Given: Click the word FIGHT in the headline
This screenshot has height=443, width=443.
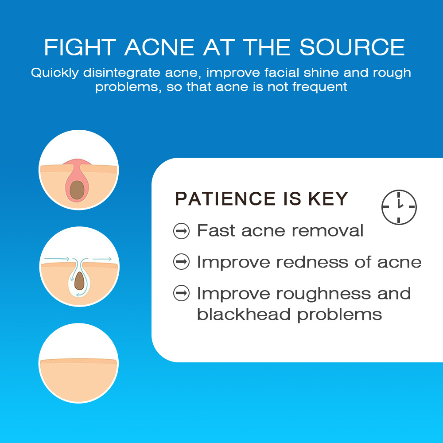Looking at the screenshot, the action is click(80, 47).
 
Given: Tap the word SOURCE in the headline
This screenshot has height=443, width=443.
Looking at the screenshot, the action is click(352, 47).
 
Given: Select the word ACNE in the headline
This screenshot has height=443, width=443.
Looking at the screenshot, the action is click(159, 47).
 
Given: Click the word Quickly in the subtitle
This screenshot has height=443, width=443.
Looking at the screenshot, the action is click(54, 73).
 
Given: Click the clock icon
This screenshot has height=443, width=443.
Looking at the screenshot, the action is click(399, 207).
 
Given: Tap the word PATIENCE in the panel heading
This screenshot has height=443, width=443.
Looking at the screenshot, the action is click(225, 198).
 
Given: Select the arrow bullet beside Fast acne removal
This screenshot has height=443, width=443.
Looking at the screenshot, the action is click(181, 231).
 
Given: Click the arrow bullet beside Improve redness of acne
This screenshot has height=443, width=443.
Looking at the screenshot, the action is click(181, 262).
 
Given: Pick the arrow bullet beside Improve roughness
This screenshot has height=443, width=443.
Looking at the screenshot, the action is click(181, 293).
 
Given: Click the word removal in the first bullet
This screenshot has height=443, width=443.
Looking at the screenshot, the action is click(327, 230).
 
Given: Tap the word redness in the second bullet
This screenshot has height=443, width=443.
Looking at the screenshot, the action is click(312, 262).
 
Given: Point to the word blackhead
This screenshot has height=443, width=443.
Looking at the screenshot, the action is click(244, 314).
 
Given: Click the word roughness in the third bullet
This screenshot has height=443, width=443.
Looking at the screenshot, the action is click(323, 294).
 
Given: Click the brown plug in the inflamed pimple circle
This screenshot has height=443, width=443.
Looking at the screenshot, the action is click(77, 190).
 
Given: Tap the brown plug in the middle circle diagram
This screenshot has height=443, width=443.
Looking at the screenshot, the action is click(79, 281).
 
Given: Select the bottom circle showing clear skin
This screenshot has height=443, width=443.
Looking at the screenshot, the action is click(78, 363).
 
